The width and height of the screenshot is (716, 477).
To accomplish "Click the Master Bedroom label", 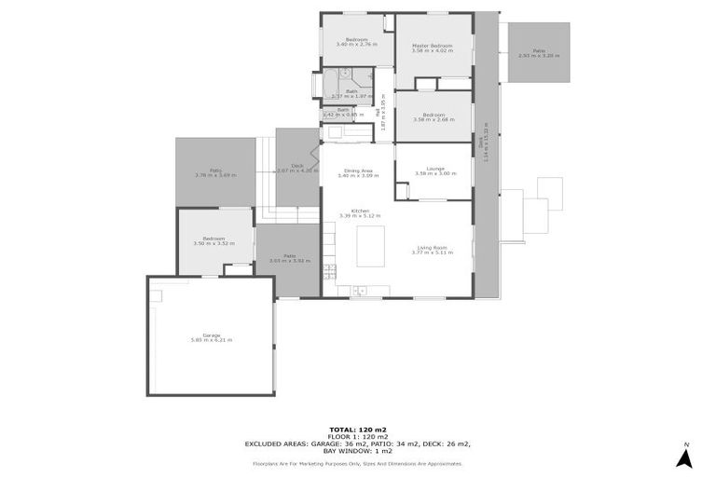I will click(x=433, y=46).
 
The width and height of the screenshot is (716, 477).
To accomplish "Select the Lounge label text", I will click(x=435, y=169).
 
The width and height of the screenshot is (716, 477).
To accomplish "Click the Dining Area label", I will click(x=358, y=170).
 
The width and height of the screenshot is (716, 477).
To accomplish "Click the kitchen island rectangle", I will click(x=370, y=246).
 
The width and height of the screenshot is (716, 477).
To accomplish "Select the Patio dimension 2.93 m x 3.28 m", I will click(x=539, y=56).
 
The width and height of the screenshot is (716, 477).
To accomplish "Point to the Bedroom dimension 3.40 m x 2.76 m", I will click(x=357, y=44).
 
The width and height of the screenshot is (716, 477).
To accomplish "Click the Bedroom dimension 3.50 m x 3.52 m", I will click(x=213, y=243).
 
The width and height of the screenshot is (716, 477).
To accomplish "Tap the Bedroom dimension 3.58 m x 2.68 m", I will click(x=433, y=119).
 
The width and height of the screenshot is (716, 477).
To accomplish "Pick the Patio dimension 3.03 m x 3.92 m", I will click(x=289, y=261).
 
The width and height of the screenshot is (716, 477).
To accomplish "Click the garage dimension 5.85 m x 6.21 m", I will click(x=212, y=340).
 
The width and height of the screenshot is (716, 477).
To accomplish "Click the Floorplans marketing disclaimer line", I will click(x=358, y=462).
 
